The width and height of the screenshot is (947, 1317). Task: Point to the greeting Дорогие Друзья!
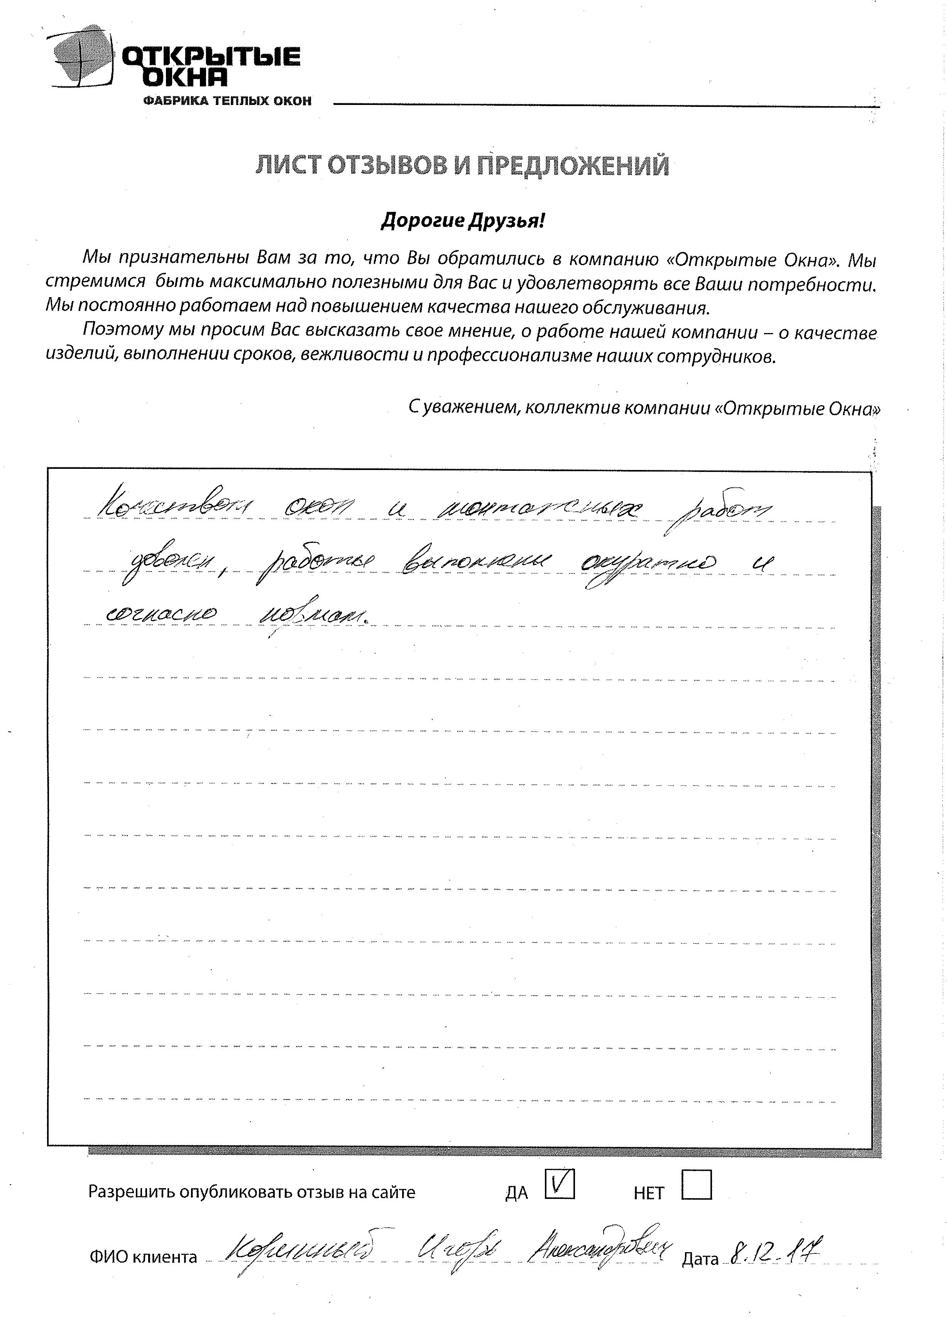[x=463, y=221]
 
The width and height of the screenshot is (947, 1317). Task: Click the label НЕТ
[x=649, y=1193]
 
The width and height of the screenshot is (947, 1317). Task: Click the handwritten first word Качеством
[x=174, y=509]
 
